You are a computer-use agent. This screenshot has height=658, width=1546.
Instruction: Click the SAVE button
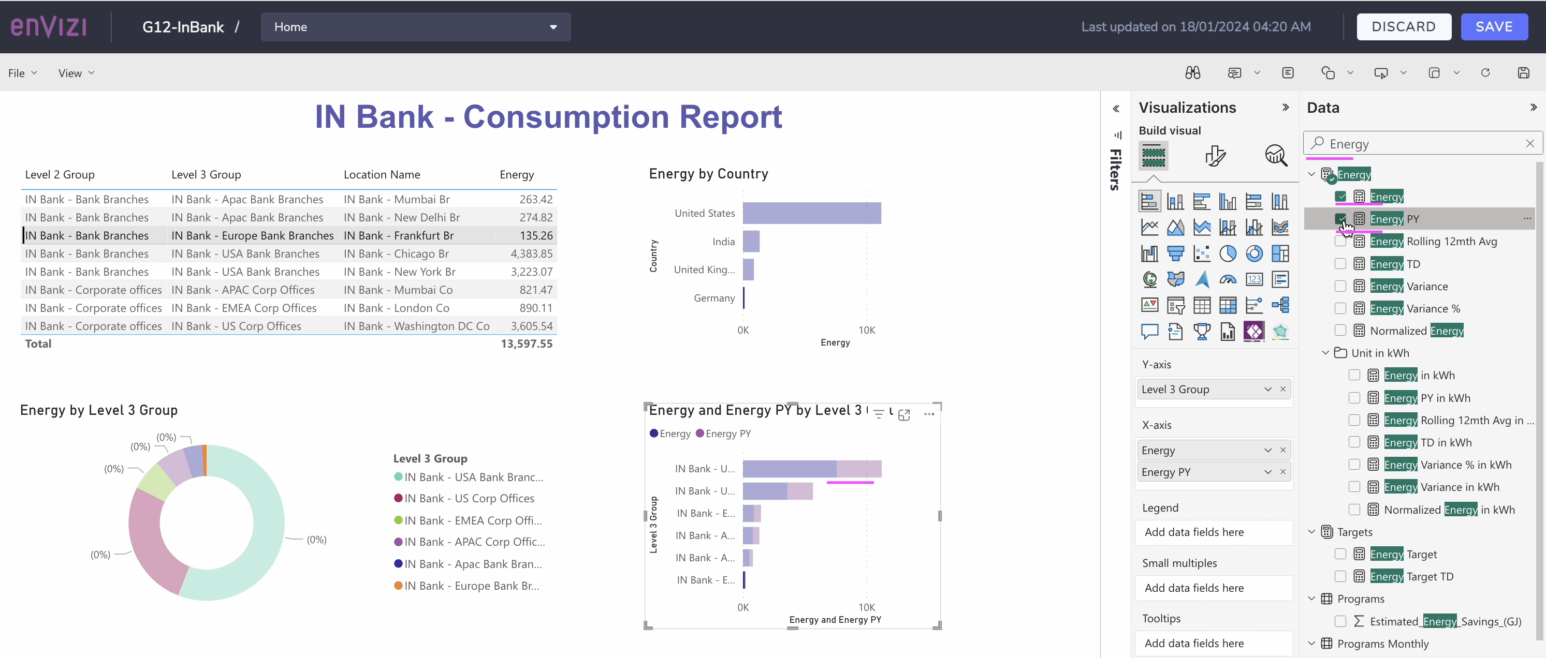click(1494, 27)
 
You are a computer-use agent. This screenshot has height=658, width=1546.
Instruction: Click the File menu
click(22, 73)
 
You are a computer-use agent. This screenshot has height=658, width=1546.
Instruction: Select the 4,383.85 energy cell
click(531, 253)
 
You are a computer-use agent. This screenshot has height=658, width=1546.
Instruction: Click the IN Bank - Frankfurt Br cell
click(399, 236)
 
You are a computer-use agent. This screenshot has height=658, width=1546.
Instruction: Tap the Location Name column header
click(382, 174)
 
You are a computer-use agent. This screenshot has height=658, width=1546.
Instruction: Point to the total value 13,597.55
click(527, 343)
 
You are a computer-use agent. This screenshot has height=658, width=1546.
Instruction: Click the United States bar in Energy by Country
click(812, 213)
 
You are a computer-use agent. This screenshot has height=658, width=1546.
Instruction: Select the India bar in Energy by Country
click(751, 241)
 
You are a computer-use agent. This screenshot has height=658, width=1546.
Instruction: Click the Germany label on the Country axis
click(714, 298)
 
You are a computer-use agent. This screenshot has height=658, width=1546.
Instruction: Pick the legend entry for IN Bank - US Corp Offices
click(464, 499)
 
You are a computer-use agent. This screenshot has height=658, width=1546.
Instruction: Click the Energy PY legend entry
click(723, 433)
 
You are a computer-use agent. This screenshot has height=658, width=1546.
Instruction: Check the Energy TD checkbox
click(1340, 264)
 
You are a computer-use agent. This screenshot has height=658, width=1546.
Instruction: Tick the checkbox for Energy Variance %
click(1340, 308)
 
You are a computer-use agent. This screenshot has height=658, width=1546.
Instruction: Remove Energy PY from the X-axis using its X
click(1283, 472)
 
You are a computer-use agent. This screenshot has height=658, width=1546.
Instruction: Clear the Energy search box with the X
click(1530, 143)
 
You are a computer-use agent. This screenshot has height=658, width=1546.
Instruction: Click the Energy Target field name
click(1403, 554)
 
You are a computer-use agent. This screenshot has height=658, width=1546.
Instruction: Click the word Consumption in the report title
click(566, 116)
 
